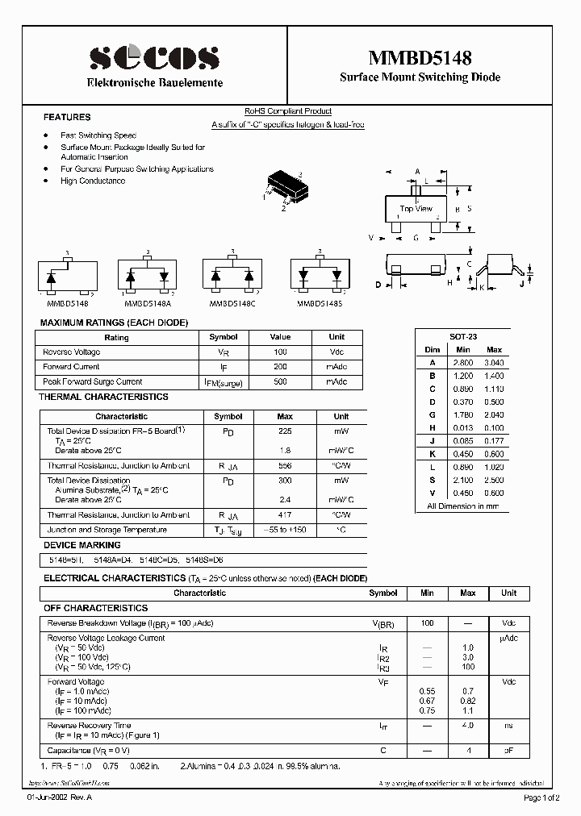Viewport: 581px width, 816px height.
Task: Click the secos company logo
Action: click(154, 58)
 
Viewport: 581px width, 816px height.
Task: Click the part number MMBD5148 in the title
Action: click(420, 57)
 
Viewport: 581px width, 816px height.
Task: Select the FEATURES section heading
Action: click(67, 117)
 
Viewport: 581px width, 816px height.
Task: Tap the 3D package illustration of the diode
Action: click(283, 185)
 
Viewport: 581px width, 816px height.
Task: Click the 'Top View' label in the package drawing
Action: click(416, 209)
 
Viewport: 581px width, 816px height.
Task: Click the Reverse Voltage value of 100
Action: click(279, 352)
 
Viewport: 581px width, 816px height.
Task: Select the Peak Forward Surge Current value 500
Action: click(279, 381)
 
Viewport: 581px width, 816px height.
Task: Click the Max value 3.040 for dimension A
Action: click(494, 363)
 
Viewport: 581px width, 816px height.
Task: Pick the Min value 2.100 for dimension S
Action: click(462, 480)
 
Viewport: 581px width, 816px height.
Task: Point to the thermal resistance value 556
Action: click(285, 466)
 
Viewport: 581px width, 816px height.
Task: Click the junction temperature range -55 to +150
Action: click(285, 530)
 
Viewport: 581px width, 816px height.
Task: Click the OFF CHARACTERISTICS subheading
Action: click(95, 608)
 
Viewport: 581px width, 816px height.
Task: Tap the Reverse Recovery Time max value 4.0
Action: click(467, 726)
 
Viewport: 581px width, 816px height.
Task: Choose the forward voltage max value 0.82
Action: click(467, 701)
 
